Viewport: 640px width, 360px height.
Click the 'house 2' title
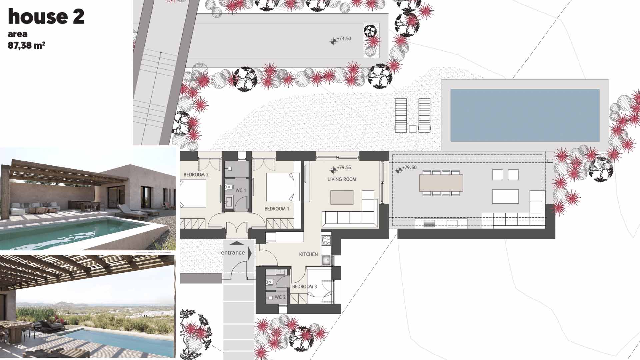tap(46, 17)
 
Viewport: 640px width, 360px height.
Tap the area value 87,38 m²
tap(26, 45)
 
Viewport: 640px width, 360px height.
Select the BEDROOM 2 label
tap(196, 175)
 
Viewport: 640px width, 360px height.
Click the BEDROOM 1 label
tap(277, 209)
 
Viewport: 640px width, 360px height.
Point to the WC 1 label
tap(241, 190)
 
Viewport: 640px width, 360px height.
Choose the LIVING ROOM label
tap(342, 179)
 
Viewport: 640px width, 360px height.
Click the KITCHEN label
tap(308, 254)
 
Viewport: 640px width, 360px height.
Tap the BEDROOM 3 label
tap(304, 286)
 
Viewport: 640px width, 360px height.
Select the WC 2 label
tap(280, 297)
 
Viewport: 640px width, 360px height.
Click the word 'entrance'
tap(233, 253)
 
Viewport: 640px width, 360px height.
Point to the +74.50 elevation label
tap(344, 39)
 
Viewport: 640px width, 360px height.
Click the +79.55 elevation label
tap(344, 168)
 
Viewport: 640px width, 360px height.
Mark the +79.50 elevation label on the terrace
tap(409, 168)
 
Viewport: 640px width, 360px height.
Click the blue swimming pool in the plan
tap(525, 115)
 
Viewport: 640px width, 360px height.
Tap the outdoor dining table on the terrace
tap(441, 183)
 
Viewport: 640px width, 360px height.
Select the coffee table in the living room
tap(342, 197)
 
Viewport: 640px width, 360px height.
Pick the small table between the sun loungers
tap(413, 129)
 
